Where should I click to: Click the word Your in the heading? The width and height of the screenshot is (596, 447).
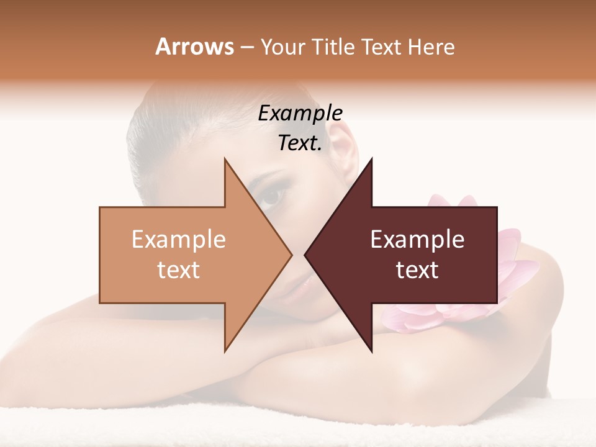(x=282, y=47)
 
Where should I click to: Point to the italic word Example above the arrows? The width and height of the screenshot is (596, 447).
(x=300, y=114)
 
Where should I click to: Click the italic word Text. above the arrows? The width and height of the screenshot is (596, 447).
(x=300, y=143)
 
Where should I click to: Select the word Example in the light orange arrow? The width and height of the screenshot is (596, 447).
(x=178, y=240)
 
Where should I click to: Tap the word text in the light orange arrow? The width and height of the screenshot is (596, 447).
(x=178, y=270)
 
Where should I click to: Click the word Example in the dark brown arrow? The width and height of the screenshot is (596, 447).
(x=417, y=240)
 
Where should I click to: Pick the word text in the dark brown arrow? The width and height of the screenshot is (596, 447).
(x=417, y=270)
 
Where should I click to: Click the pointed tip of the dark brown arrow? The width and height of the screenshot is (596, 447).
(x=305, y=255)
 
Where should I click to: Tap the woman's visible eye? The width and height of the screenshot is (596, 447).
(x=271, y=196)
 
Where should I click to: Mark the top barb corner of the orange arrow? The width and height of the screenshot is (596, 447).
(x=225, y=159)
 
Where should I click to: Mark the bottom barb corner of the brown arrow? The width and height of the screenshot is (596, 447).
(x=371, y=351)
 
